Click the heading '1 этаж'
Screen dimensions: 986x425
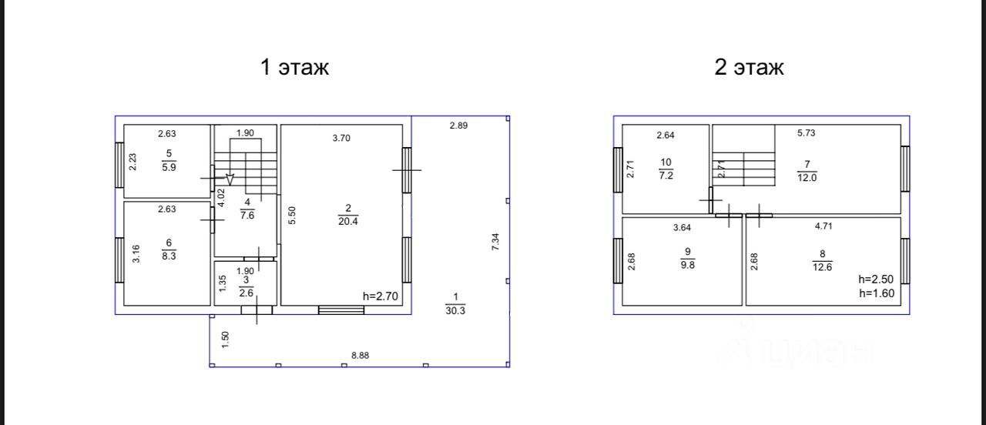(294, 67)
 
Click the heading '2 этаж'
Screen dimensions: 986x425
(749, 67)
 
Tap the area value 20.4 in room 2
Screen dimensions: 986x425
(347, 221)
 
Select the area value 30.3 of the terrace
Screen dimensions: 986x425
(455, 310)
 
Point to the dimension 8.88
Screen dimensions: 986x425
(360, 356)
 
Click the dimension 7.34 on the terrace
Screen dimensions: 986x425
(495, 242)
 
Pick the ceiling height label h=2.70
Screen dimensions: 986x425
(381, 296)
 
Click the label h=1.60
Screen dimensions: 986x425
(877, 293)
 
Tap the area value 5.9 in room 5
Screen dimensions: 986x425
(169, 167)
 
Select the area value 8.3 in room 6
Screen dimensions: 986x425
(169, 256)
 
